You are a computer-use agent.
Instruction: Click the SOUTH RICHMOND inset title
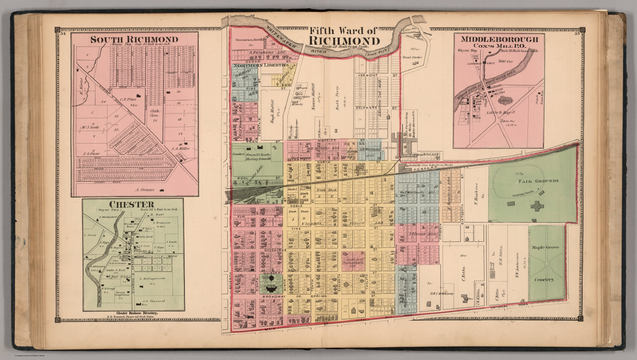point(134,40)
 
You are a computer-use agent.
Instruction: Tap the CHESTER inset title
point(131,204)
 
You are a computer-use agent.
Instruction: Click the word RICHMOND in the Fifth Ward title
point(344,41)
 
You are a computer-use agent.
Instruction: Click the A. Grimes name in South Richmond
point(145,190)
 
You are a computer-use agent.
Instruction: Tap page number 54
point(63,34)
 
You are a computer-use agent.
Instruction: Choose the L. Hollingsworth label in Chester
point(152,278)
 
